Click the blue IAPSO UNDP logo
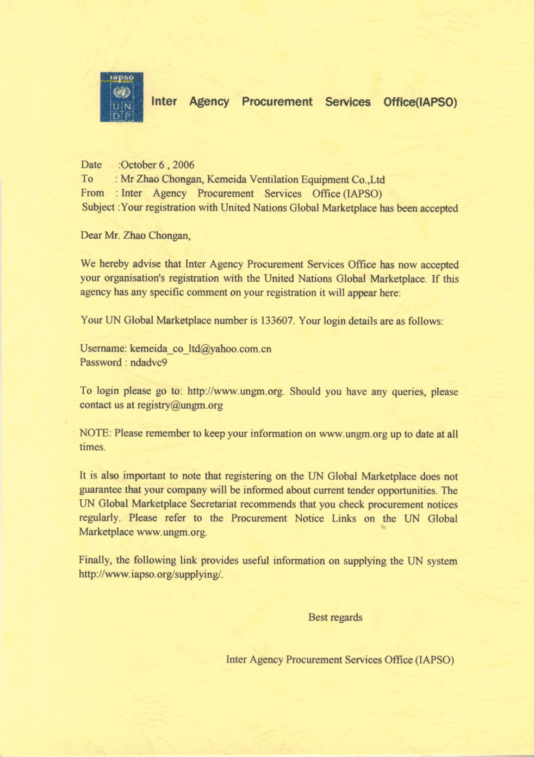121,97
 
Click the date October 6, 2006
157,165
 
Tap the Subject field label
98,207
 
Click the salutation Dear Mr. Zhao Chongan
135,235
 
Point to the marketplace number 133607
277,320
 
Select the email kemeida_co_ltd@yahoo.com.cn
201,349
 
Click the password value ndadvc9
148,362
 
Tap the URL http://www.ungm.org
235,392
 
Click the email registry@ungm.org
180,405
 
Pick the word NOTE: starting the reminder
95,433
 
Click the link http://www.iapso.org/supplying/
151,574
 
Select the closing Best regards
335,617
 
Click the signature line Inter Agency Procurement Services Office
340,660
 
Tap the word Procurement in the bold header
277,102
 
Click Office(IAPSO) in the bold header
420,102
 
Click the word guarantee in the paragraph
101,490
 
